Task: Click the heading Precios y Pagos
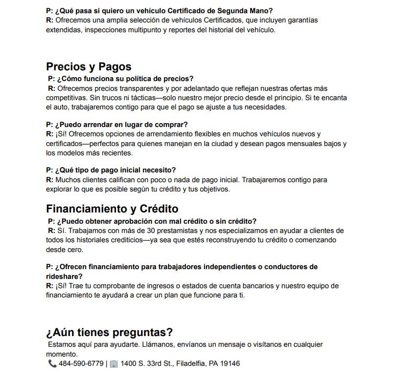point(89,66)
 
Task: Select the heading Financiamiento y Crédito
point(112,209)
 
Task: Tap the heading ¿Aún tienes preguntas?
point(109,333)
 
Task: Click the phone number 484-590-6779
point(81,364)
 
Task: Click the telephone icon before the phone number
point(52,364)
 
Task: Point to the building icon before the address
point(114,364)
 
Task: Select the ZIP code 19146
point(230,364)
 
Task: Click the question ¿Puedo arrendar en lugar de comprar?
point(117,125)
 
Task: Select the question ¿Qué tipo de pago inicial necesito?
point(111,170)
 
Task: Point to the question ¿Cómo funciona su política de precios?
point(120,79)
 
